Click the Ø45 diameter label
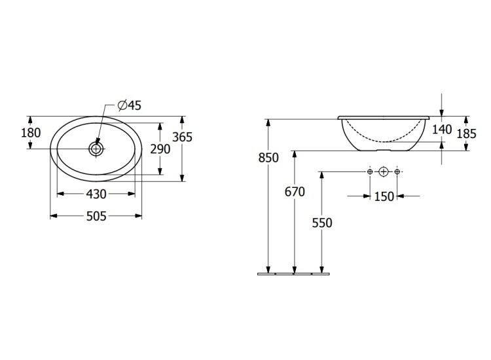pyautogui.click(x=130, y=105)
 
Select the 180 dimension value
pyautogui.click(x=31, y=133)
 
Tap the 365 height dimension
pyautogui.click(x=183, y=137)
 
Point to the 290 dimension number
pyautogui.click(x=160, y=149)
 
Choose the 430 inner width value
pyautogui.click(x=96, y=194)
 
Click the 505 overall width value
pyautogui.click(x=96, y=216)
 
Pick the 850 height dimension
pyautogui.click(x=268, y=158)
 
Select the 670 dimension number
pyautogui.click(x=295, y=192)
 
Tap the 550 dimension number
pyautogui.click(x=322, y=223)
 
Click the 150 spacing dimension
pyautogui.click(x=384, y=196)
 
